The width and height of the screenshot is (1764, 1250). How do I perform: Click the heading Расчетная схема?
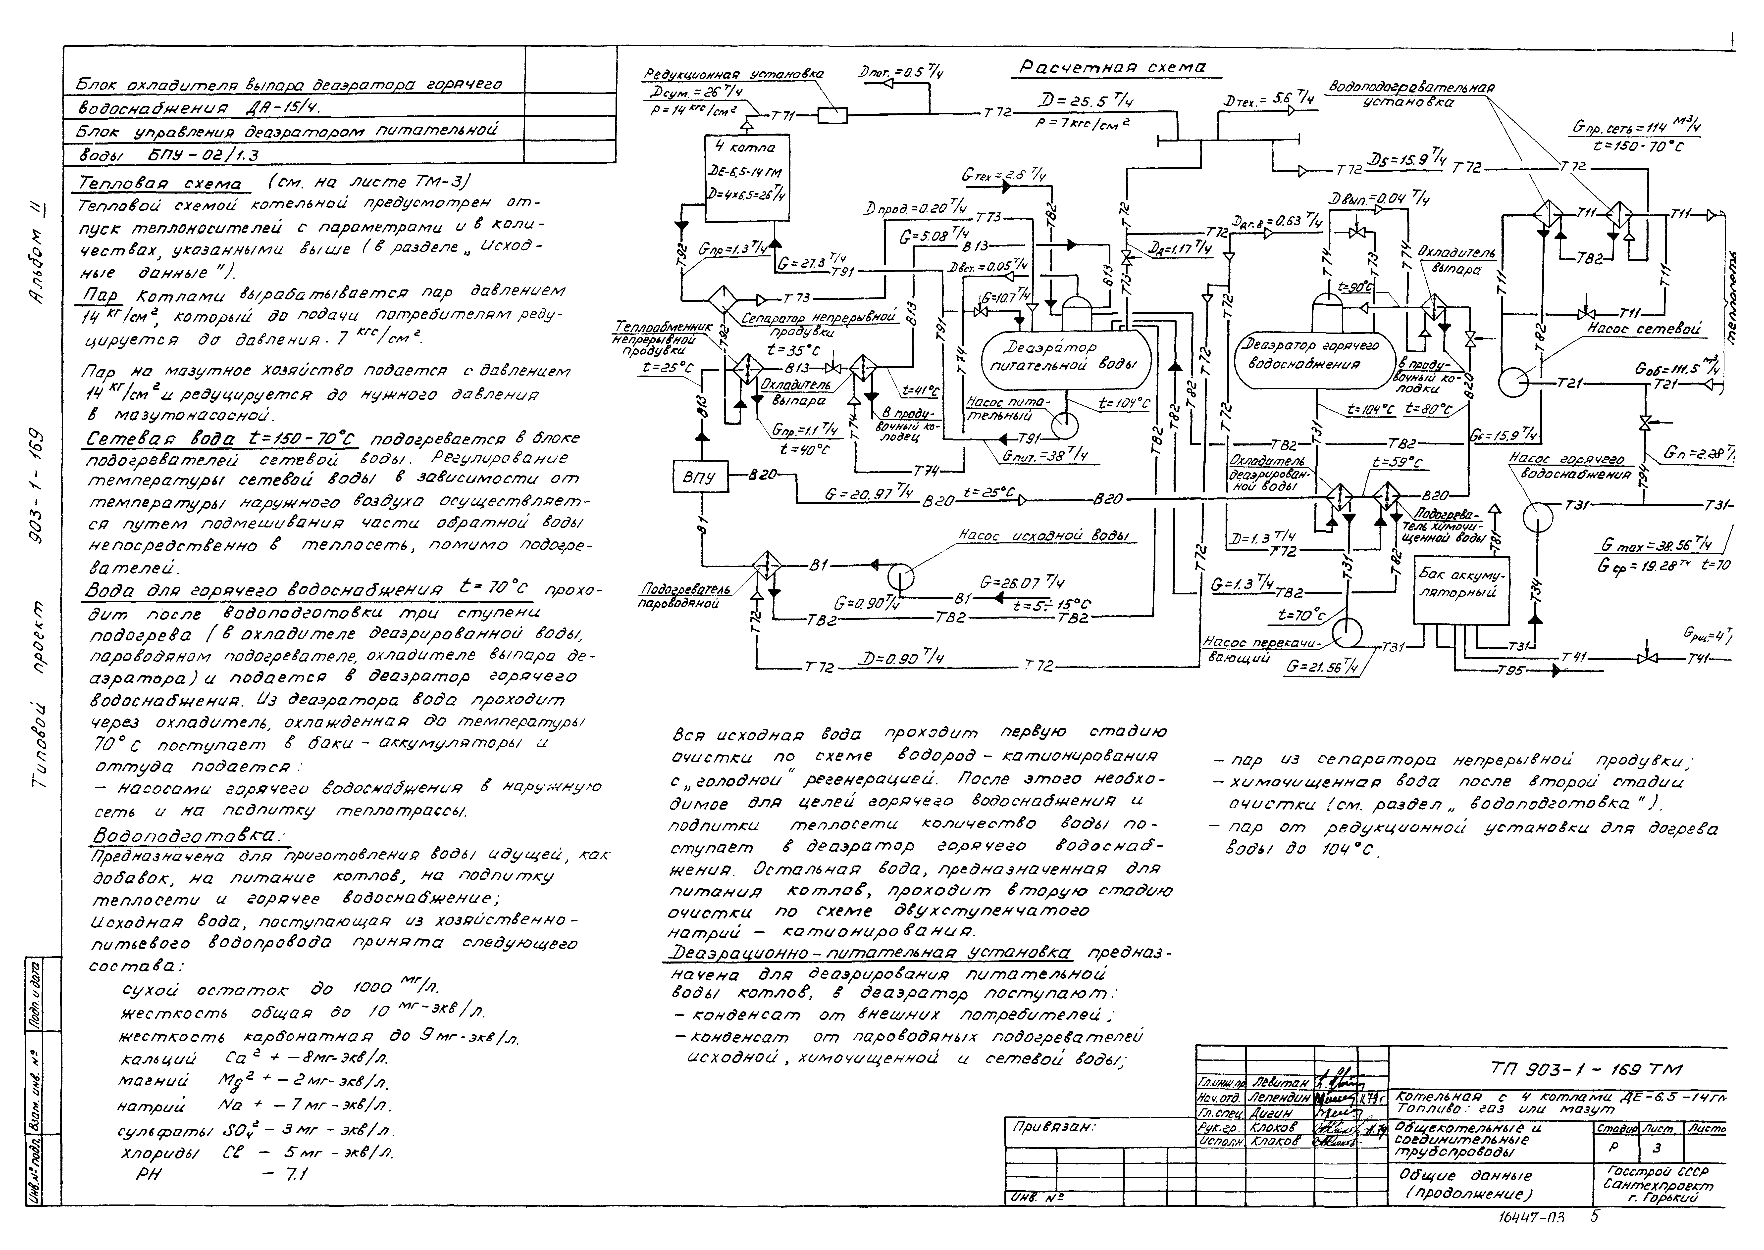pyautogui.click(x=1113, y=68)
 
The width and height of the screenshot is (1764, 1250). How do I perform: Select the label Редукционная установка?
pyautogui.click(x=733, y=75)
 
